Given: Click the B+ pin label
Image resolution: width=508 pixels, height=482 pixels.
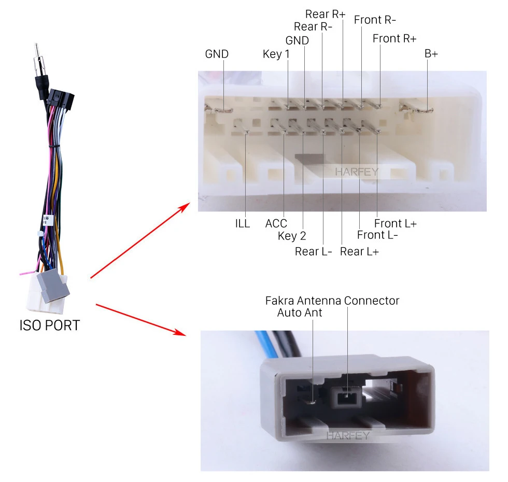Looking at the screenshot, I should point(431,53).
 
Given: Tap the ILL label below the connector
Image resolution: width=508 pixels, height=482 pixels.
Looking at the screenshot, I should point(242,224).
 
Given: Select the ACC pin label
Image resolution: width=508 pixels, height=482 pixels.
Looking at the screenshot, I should point(276,224).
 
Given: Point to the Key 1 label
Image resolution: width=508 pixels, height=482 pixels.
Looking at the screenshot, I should point(276,54).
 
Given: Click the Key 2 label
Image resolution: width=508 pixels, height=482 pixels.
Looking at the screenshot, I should point(292,236).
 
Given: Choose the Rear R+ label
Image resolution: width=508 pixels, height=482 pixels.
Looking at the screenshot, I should point(325,14).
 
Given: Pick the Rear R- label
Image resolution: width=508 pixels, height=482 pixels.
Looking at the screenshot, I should point(313,26).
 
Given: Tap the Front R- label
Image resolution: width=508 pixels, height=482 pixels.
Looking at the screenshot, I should point(375,20).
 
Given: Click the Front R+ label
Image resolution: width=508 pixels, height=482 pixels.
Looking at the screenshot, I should point(394,38).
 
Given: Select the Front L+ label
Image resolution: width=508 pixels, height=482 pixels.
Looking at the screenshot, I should point(396,223).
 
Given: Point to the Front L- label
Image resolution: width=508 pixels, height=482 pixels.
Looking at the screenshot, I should point(377,235).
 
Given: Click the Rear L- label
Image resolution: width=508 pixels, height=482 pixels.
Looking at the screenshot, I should point(314,252).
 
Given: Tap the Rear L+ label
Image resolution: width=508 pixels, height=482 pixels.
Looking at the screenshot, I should point(359,252).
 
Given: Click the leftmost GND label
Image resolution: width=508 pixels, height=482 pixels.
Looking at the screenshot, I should point(217,54).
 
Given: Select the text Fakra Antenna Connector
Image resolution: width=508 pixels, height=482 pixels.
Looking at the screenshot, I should point(332,301).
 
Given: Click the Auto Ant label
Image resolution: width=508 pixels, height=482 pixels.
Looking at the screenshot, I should point(300,313).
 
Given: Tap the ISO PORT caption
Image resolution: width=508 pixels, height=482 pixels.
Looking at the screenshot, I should point(50,325).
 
